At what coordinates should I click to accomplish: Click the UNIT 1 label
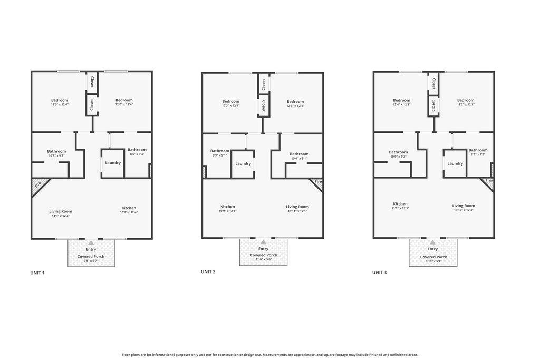[37, 273]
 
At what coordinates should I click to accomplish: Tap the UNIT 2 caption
[208, 271]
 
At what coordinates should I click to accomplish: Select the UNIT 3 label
[379, 272]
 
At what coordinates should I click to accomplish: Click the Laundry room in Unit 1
[113, 163]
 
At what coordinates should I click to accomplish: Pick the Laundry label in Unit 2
[243, 163]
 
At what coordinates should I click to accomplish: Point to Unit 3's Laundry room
[455, 163]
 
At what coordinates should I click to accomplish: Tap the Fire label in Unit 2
[318, 181]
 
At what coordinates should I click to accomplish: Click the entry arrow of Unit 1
[91, 242]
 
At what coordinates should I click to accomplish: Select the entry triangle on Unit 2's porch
[263, 242]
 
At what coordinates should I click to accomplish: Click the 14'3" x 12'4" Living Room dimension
[61, 216]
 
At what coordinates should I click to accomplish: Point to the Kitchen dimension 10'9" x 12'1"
[228, 211]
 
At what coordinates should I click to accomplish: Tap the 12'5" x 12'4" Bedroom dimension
[60, 104]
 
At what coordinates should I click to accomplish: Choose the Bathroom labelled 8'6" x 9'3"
[137, 151]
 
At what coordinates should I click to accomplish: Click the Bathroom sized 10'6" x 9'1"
[299, 156]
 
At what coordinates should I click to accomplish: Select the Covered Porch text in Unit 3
[433, 257]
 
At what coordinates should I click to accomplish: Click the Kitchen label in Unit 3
[400, 204]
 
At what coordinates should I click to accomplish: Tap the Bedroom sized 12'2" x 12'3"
[466, 102]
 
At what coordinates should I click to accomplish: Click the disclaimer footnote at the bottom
[270, 355]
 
